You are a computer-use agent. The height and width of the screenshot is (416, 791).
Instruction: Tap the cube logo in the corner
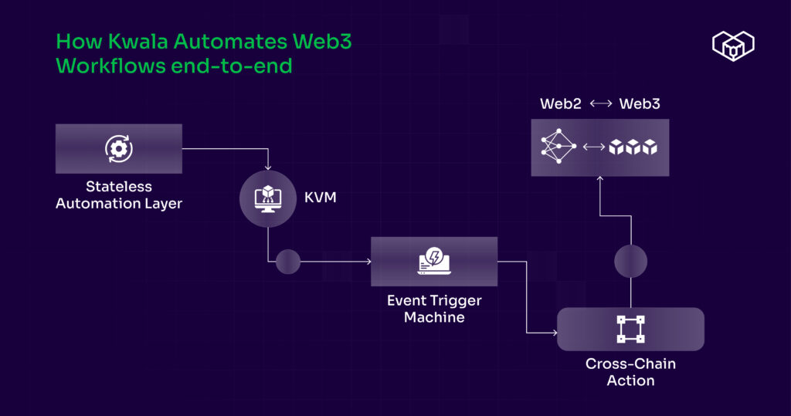pos(732,45)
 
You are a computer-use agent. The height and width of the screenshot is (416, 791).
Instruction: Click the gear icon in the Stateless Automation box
pos(119,148)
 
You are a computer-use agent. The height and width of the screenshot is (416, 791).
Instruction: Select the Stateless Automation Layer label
pos(119,194)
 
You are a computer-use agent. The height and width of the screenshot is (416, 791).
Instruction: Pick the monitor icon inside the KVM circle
pos(267,198)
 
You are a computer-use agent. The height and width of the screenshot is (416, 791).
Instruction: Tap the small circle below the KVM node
pos(287,262)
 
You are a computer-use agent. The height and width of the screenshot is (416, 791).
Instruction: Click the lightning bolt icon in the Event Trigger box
pos(433,261)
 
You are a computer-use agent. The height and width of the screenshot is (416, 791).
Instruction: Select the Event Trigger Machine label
pos(433,308)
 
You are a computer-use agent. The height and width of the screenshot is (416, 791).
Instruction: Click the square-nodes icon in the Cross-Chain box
pos(630,329)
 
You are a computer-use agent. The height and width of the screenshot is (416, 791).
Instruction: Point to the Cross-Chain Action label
pos(630,371)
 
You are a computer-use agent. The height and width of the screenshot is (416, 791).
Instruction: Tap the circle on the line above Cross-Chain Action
pos(630,262)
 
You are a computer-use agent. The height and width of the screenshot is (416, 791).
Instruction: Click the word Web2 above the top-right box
pos(561,103)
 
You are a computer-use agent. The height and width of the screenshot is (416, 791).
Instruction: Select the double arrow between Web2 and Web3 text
pos(600,104)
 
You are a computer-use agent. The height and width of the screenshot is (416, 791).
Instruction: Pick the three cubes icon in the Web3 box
pos(633,147)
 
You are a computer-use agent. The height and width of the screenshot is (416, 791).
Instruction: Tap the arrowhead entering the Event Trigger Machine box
pos(368,262)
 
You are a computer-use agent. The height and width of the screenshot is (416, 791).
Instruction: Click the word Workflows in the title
pos(110,66)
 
